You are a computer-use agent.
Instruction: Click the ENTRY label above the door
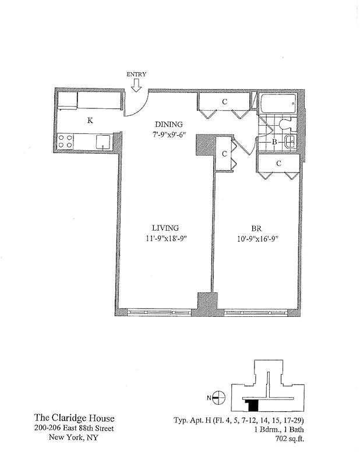[136, 74]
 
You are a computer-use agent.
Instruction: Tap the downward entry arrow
[136, 86]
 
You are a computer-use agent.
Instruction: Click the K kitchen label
[90, 121]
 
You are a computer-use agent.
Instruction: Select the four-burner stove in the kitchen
[65, 141]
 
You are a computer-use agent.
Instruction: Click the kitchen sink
[104, 141]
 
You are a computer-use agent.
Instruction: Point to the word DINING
[168, 124]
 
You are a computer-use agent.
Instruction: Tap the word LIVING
[165, 228]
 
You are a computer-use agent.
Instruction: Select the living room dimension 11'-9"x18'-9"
[165, 238]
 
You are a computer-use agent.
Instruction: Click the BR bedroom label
[257, 228]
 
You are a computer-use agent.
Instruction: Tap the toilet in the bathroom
[285, 123]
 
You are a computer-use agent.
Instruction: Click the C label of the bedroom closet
[278, 164]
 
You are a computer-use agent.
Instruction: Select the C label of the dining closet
[224, 101]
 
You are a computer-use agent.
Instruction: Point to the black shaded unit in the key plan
[252, 405]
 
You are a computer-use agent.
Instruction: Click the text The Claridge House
[74, 418]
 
